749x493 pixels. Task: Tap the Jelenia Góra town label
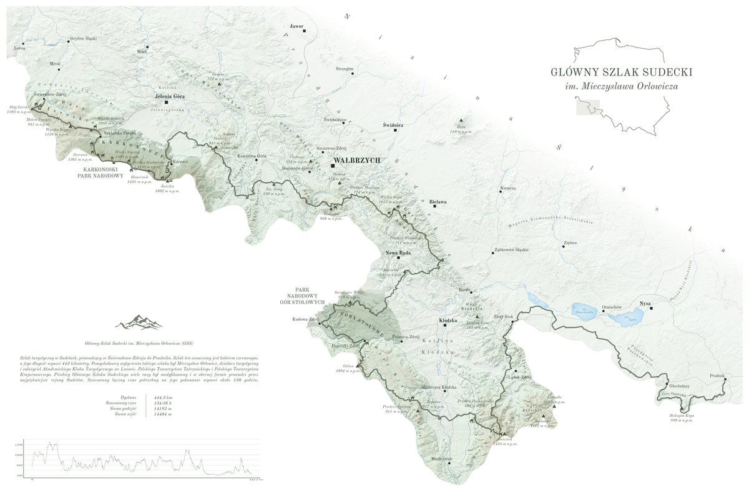click(x=170, y=97)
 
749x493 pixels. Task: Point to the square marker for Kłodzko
click(x=445, y=326)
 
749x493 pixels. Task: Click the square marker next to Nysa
click(x=651, y=308)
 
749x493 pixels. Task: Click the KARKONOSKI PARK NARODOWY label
click(x=103, y=172)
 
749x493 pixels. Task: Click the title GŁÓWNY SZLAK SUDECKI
click(x=621, y=72)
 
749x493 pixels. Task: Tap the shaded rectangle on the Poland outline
click(x=585, y=107)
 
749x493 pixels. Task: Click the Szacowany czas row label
click(x=121, y=402)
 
